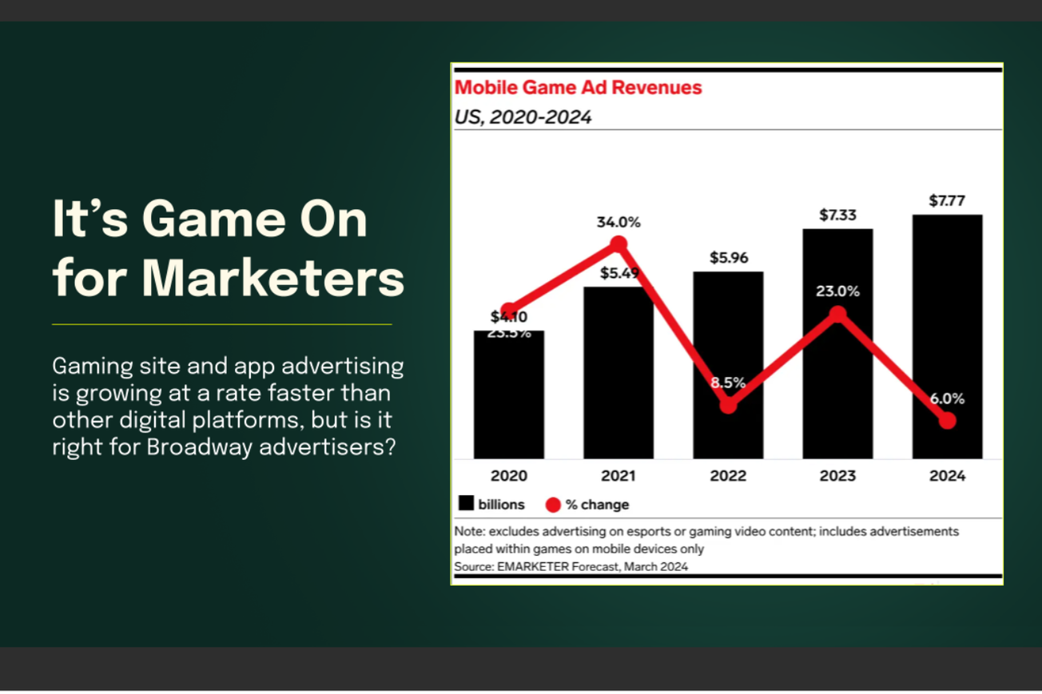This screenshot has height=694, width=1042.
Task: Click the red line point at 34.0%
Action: pyautogui.click(x=618, y=244)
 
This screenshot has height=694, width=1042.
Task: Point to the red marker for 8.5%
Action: pyautogui.click(x=727, y=406)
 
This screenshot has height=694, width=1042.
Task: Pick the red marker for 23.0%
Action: pyautogui.click(x=837, y=314)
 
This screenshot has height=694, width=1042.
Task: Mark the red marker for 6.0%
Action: pyautogui.click(x=947, y=421)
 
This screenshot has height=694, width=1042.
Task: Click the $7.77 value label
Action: pyautogui.click(x=946, y=201)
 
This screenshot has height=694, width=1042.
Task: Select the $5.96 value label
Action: pyautogui.click(x=728, y=258)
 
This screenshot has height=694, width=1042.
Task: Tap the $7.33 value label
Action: pyautogui.click(x=837, y=215)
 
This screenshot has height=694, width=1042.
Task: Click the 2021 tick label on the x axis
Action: pyautogui.click(x=618, y=476)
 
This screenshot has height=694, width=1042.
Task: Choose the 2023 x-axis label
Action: pyautogui.click(x=837, y=476)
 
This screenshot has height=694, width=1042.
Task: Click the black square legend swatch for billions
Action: pyautogui.click(x=466, y=503)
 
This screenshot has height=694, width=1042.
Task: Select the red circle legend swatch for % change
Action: pyautogui.click(x=552, y=505)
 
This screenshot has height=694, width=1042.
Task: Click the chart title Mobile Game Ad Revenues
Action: pyautogui.click(x=578, y=88)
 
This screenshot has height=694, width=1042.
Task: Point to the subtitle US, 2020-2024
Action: pyautogui.click(x=523, y=117)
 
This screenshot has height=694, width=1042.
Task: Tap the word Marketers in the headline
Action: pyautogui.click(x=273, y=279)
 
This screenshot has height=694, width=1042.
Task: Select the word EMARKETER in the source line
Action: pyautogui.click(x=533, y=566)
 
